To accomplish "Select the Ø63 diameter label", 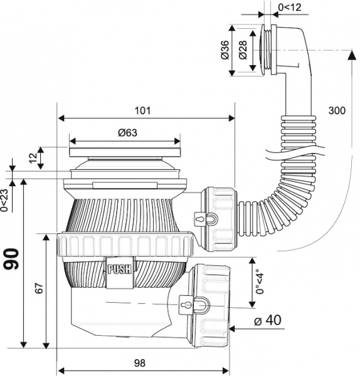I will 127,132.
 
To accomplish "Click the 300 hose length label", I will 336,110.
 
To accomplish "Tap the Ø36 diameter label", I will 224,50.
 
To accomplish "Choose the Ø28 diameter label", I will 241,50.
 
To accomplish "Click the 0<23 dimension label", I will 5,200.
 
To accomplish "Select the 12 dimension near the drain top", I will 33,158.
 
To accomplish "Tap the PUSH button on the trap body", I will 119,270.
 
